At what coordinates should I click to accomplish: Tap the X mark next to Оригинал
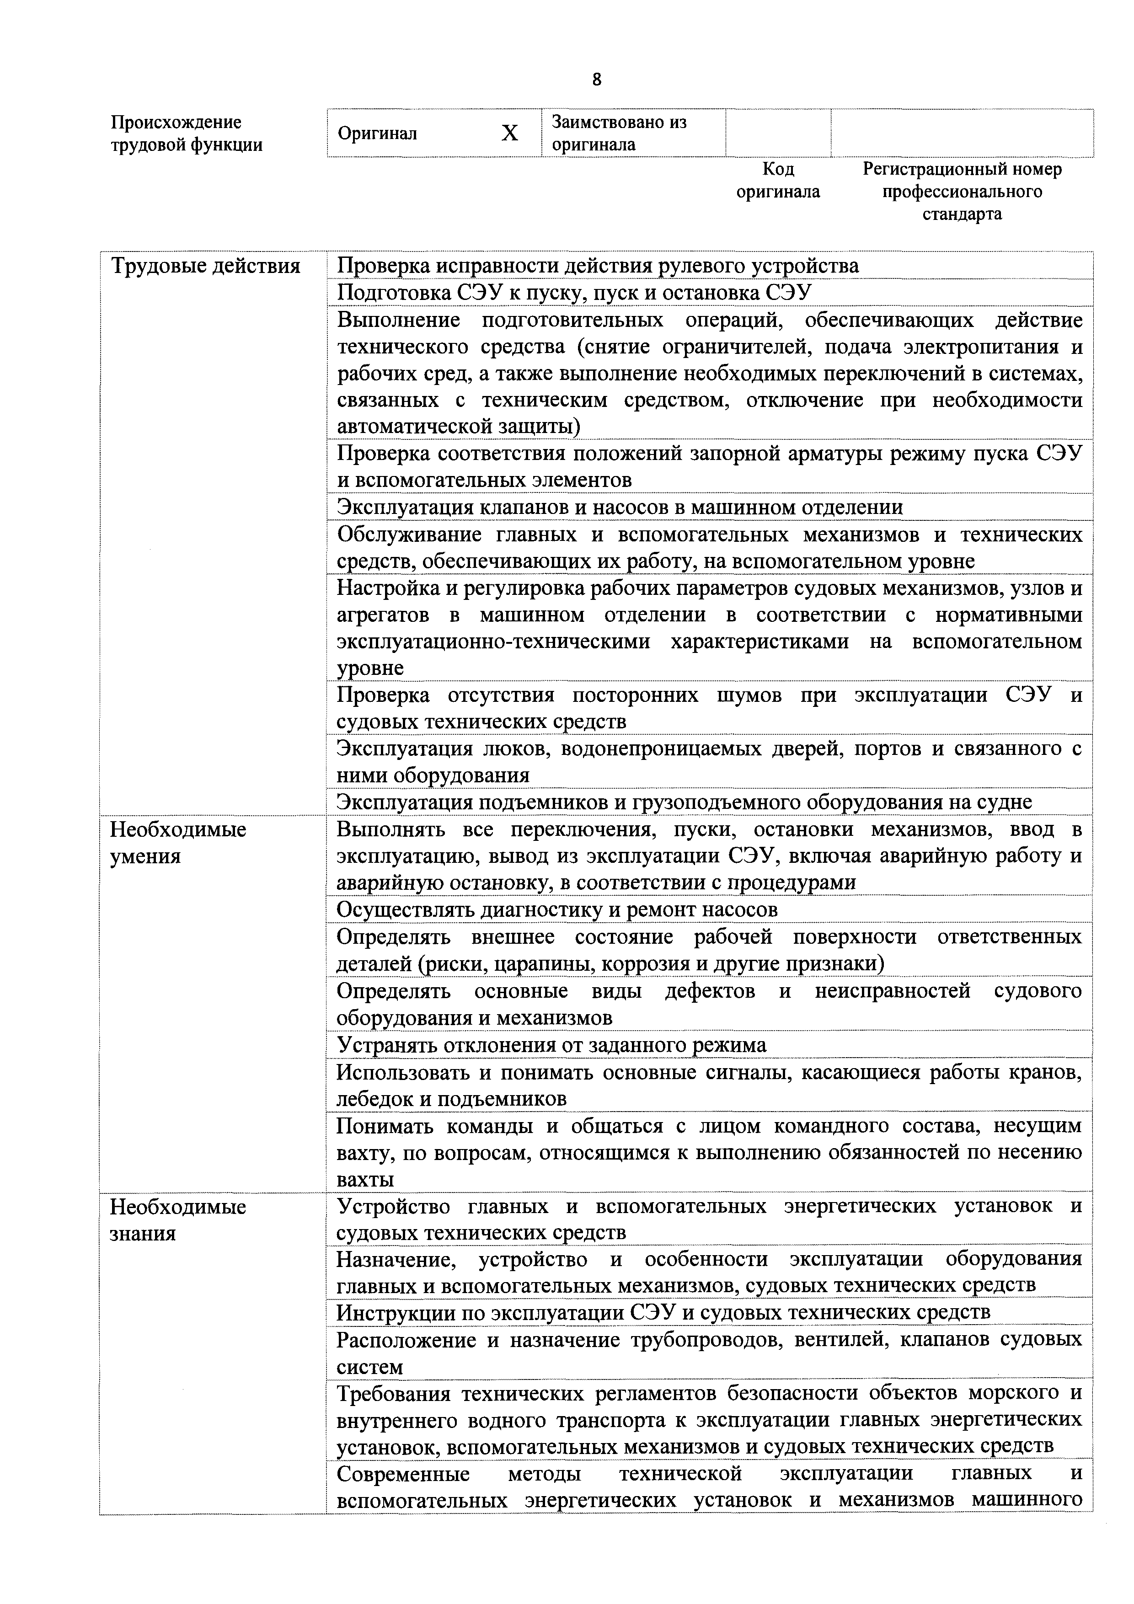click(510, 133)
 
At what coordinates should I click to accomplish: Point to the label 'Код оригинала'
click(778, 180)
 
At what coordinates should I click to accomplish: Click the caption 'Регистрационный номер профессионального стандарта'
click(962, 192)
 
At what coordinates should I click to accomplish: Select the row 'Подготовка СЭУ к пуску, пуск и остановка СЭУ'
click(574, 293)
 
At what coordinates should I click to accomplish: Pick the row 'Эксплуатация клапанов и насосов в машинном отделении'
click(620, 507)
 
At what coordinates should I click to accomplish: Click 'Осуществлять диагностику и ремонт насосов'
click(557, 909)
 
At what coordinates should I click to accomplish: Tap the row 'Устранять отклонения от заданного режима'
click(551, 1044)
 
